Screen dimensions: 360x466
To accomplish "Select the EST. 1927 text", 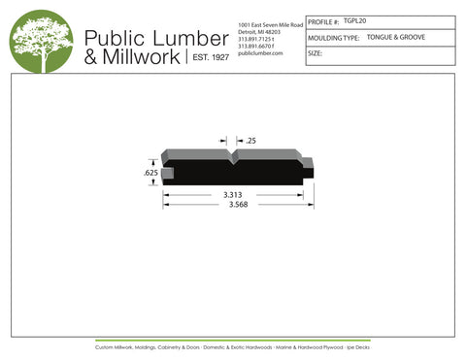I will click(209, 58).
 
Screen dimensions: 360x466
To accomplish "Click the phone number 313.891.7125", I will click(258, 39).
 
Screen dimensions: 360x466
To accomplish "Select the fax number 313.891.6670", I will click(258, 46).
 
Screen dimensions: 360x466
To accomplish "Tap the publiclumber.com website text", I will click(259, 53).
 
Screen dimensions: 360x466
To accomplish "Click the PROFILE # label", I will click(323, 20).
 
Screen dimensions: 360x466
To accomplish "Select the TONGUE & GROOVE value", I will click(395, 37).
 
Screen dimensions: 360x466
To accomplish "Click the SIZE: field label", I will click(315, 53).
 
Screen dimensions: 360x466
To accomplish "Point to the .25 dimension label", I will click(250, 142).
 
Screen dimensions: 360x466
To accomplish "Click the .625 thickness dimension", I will click(150, 172).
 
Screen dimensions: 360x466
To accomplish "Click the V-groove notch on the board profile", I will click(231, 153).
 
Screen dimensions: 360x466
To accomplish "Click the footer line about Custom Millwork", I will click(233, 346).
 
